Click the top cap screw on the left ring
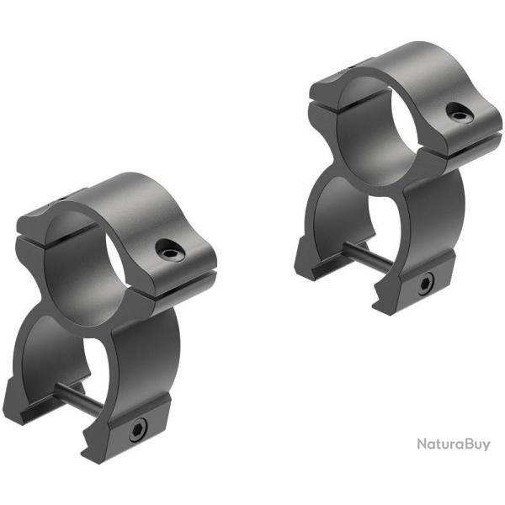pyautogui.click(x=170, y=248)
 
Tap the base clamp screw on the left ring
pyautogui.click(x=138, y=431)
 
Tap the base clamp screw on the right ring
pyautogui.click(x=426, y=284)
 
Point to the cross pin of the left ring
pyautogui.click(x=79, y=399)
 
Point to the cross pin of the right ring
pyautogui.click(x=368, y=257)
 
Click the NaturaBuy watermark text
pyautogui.click(x=454, y=444)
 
